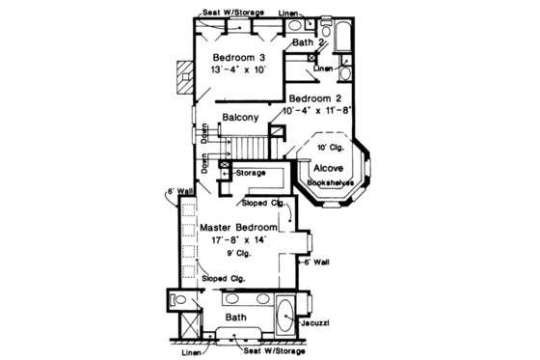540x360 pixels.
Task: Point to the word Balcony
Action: click(240, 118)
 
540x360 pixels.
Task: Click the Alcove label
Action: click(328, 167)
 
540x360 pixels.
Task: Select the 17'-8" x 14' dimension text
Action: click(238, 240)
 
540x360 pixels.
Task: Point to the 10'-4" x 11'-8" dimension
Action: click(318, 112)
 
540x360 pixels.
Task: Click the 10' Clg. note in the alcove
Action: click(329, 147)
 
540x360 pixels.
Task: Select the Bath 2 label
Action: click(309, 42)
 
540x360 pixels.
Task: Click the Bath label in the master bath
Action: click(234, 317)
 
